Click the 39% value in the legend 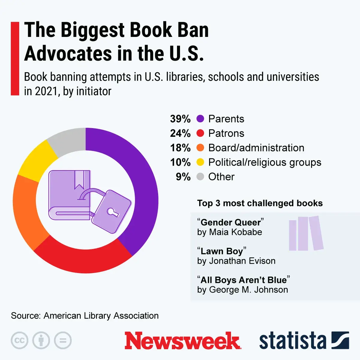[x=180, y=119]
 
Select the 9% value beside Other [x=183, y=177]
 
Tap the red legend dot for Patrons [x=200, y=133]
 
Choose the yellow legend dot [x=200, y=162]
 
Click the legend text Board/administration [x=256, y=148]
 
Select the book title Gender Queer [x=230, y=222]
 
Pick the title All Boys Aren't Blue [x=243, y=280]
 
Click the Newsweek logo [x=182, y=341]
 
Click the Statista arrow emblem [x=340, y=340]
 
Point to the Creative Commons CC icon [x=19, y=340]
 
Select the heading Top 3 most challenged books [x=260, y=203]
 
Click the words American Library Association [x=101, y=316]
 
